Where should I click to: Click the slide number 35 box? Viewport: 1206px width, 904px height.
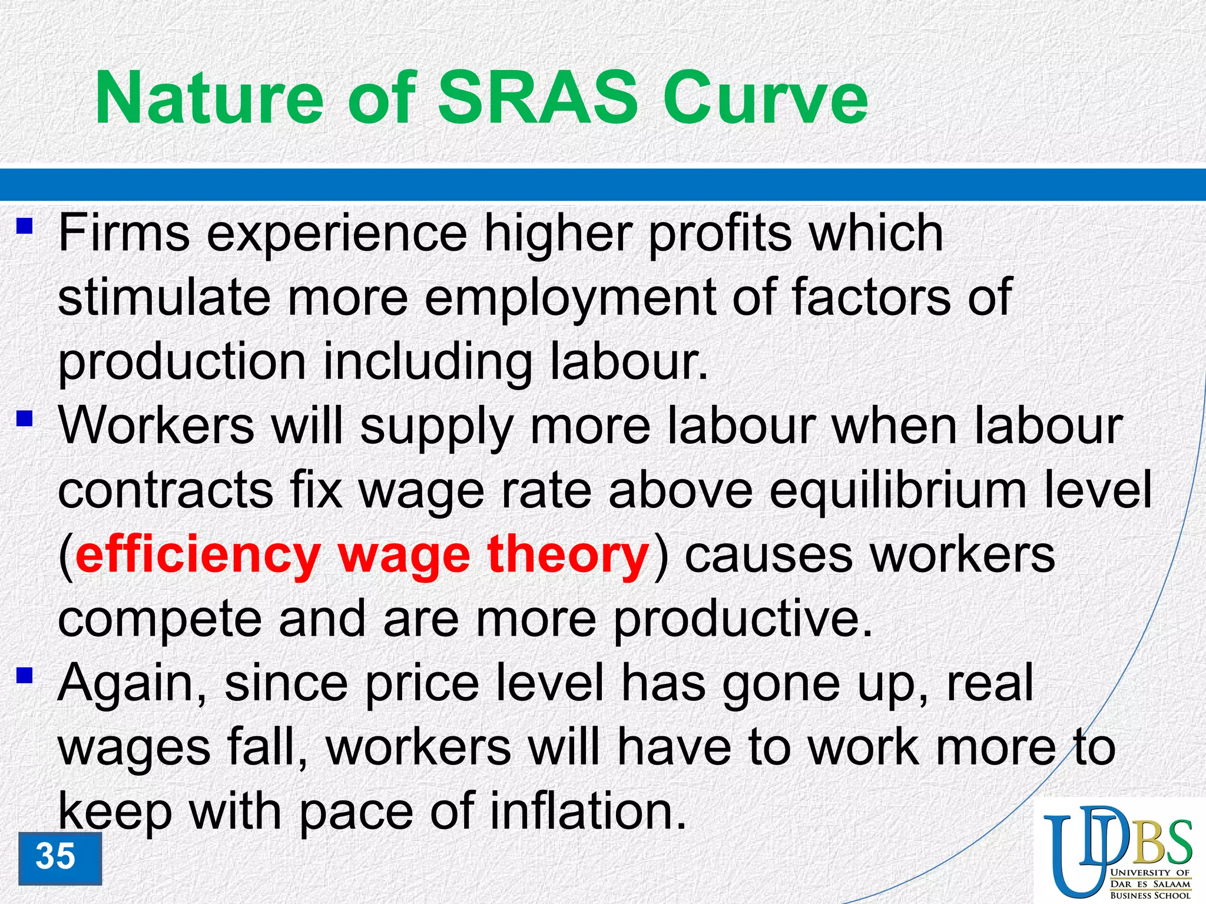coord(59,858)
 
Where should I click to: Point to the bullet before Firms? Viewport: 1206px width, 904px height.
coord(24,226)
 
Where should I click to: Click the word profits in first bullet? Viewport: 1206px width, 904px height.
coord(720,235)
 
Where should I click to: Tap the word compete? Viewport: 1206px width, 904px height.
coord(160,621)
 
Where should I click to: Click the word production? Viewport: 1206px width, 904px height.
coord(182,362)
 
